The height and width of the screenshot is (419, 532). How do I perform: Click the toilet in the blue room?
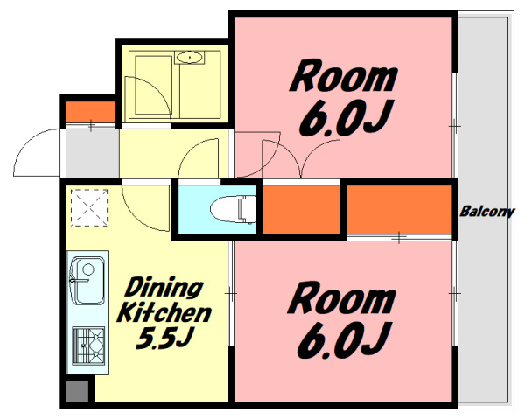[x=233, y=209]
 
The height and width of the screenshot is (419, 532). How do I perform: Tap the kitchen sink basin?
[x=87, y=281]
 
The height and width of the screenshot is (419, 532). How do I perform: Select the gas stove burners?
[x=89, y=346]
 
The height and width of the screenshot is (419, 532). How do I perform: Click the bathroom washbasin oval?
[x=190, y=58]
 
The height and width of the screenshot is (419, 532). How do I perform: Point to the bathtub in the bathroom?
[x=153, y=85]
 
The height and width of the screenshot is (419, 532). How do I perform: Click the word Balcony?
[x=487, y=212]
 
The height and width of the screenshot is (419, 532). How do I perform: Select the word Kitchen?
[x=164, y=313]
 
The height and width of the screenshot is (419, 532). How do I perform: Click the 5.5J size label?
[x=164, y=338]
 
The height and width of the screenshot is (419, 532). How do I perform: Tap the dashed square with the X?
[x=89, y=207]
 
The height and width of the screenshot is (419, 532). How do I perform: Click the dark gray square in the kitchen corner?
[x=77, y=392]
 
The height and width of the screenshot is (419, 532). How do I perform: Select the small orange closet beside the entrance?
[x=91, y=112]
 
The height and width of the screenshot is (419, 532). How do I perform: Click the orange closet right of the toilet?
[x=301, y=209]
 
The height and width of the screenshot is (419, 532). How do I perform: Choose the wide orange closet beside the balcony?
[x=399, y=209]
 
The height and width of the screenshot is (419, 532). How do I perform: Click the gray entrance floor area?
[x=92, y=153]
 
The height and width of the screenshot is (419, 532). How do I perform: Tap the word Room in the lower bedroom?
[x=342, y=299]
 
